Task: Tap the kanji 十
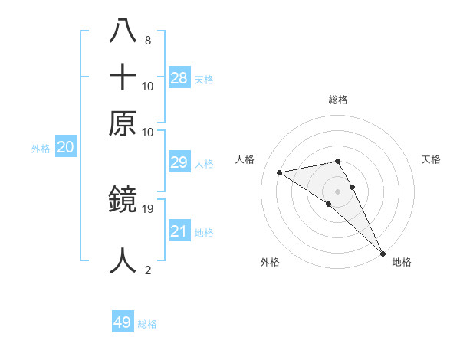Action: tap(123, 78)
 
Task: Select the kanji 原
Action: tap(123, 123)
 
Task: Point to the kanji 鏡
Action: tap(123, 201)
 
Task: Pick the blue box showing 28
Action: tap(179, 77)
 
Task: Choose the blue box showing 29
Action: tap(179, 162)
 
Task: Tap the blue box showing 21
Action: tap(179, 231)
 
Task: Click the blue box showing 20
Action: tap(65, 148)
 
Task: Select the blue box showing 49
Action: tap(123, 322)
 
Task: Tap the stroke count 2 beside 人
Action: tap(147, 270)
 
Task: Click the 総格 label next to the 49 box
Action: tap(147, 324)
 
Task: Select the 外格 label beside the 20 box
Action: tap(41, 149)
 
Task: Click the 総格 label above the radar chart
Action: tap(337, 100)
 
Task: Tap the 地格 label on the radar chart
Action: tap(402, 262)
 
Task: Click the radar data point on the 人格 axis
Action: tap(280, 172)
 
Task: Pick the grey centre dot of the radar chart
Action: tap(337, 191)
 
